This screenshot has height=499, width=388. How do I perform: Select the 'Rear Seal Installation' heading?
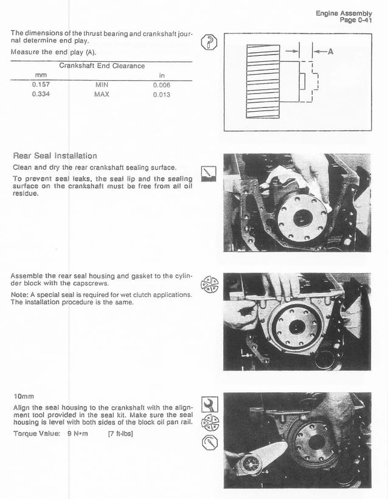point(55,156)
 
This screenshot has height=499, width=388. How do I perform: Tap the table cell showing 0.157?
point(41,86)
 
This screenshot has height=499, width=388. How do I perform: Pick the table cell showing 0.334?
point(41,95)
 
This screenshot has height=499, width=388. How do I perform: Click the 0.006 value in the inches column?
point(162,86)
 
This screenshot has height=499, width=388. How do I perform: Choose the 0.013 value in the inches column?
point(162,95)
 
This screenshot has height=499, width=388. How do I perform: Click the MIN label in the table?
point(102,86)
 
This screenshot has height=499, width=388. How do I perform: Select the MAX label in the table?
point(102,95)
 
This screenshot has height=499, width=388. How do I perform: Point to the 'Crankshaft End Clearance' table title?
point(102,66)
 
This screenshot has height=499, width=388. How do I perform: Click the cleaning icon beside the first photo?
point(209,174)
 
